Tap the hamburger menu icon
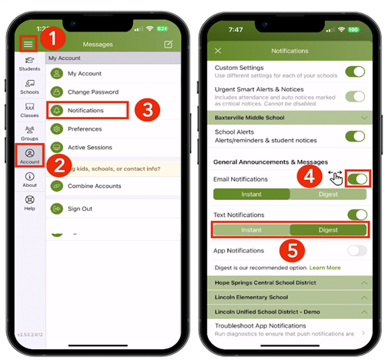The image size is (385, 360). tap(28, 44)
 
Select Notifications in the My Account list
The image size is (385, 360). tap(85, 111)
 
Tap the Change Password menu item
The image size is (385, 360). tap(92, 92)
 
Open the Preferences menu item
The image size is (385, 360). tap(84, 129)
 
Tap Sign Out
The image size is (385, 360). tap(81, 208)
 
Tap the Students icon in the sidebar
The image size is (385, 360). tap(29, 64)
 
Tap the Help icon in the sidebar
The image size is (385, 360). tap(29, 203)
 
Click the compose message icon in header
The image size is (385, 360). tap(169, 44)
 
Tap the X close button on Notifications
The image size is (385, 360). tap(218, 51)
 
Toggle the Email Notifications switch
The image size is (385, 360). tap(357, 179)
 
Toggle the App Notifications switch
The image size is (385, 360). tap(357, 251)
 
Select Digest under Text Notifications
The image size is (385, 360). tap(326, 229)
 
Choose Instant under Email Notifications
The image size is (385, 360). tap(251, 194)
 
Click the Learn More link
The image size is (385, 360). tap(324, 268)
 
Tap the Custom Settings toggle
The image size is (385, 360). tap(354, 72)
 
